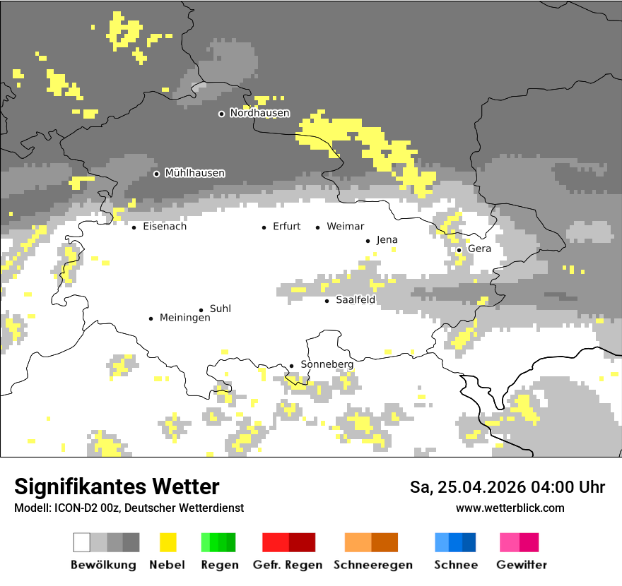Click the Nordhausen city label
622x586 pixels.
click(259, 113)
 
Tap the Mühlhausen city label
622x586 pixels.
click(194, 173)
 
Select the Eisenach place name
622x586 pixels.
click(165, 227)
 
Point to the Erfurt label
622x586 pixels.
click(286, 227)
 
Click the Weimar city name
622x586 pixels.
click(345, 227)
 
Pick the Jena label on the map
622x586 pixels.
click(387, 240)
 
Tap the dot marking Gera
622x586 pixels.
click(459, 250)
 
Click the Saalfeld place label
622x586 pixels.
click(355, 300)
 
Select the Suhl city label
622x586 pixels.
click(221, 309)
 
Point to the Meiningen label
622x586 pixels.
click(184, 318)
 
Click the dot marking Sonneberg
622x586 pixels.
click(291, 366)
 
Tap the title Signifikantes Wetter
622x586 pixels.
click(117, 487)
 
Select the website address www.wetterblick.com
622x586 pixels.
click(510, 508)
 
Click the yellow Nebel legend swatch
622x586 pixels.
click(168, 542)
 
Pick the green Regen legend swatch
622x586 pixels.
click(218, 542)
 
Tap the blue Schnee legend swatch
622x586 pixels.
click(455, 542)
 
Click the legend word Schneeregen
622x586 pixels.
click(372, 565)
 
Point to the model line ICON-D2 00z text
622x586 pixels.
click(129, 508)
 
